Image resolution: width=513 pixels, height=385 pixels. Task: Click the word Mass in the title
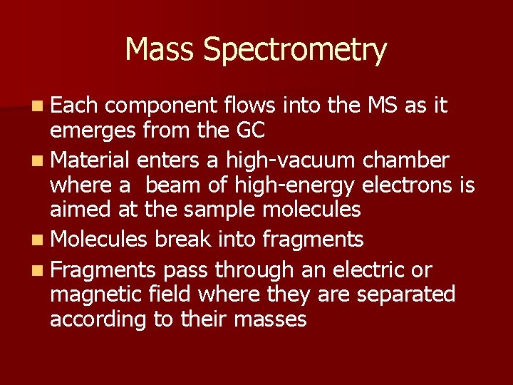[160, 50]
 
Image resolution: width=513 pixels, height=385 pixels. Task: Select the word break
[182, 239]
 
